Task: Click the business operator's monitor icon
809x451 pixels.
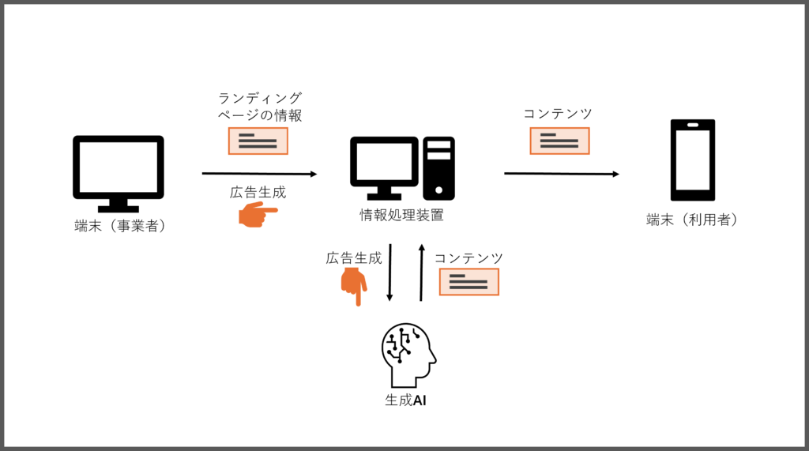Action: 119,173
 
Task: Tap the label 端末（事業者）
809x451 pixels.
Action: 120,226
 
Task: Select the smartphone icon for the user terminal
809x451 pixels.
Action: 692,160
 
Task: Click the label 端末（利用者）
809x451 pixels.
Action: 692,220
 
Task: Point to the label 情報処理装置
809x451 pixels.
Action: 401,215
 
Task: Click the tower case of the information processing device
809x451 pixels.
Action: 438,168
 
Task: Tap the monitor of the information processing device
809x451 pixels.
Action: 385,168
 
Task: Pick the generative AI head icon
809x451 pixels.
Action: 408,355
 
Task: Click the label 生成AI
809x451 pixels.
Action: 405,400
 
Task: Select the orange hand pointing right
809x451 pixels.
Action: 258,213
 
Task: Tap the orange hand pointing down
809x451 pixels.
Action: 354,287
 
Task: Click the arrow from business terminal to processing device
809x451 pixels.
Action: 259,174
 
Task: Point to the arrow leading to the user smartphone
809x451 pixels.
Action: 562,174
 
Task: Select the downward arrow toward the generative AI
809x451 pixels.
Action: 389,272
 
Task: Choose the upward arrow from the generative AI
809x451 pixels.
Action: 422,272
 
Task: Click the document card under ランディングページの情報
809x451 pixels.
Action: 258,141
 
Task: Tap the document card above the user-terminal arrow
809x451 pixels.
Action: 560,141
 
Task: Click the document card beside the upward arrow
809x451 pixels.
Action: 469,282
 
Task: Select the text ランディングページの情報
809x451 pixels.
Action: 259,107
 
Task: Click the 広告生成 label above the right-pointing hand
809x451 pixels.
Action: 258,193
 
